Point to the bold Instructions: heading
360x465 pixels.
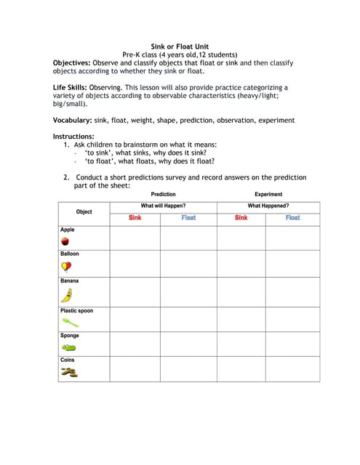coord(73,137)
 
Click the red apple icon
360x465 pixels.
coord(65,240)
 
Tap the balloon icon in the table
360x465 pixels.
coord(66,266)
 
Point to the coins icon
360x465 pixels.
coord(68,373)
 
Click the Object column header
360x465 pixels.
coord(84,211)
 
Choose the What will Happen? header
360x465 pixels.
coord(163,206)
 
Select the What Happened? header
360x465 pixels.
coord(268,206)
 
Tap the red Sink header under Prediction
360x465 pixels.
coord(135,218)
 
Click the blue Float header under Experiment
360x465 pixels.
coord(292,218)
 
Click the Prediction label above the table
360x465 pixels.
coord(163,195)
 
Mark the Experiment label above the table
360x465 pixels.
coord(268,195)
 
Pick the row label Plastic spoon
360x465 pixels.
coord(76,311)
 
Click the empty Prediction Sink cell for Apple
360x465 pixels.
coord(135,237)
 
